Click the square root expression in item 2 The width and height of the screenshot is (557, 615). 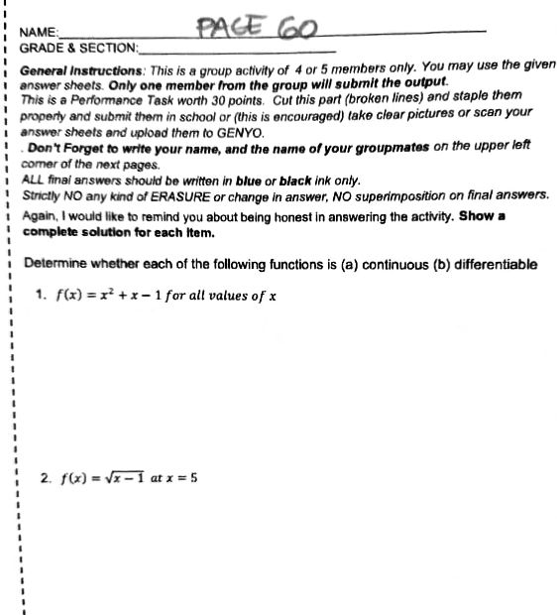[x=127, y=477]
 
